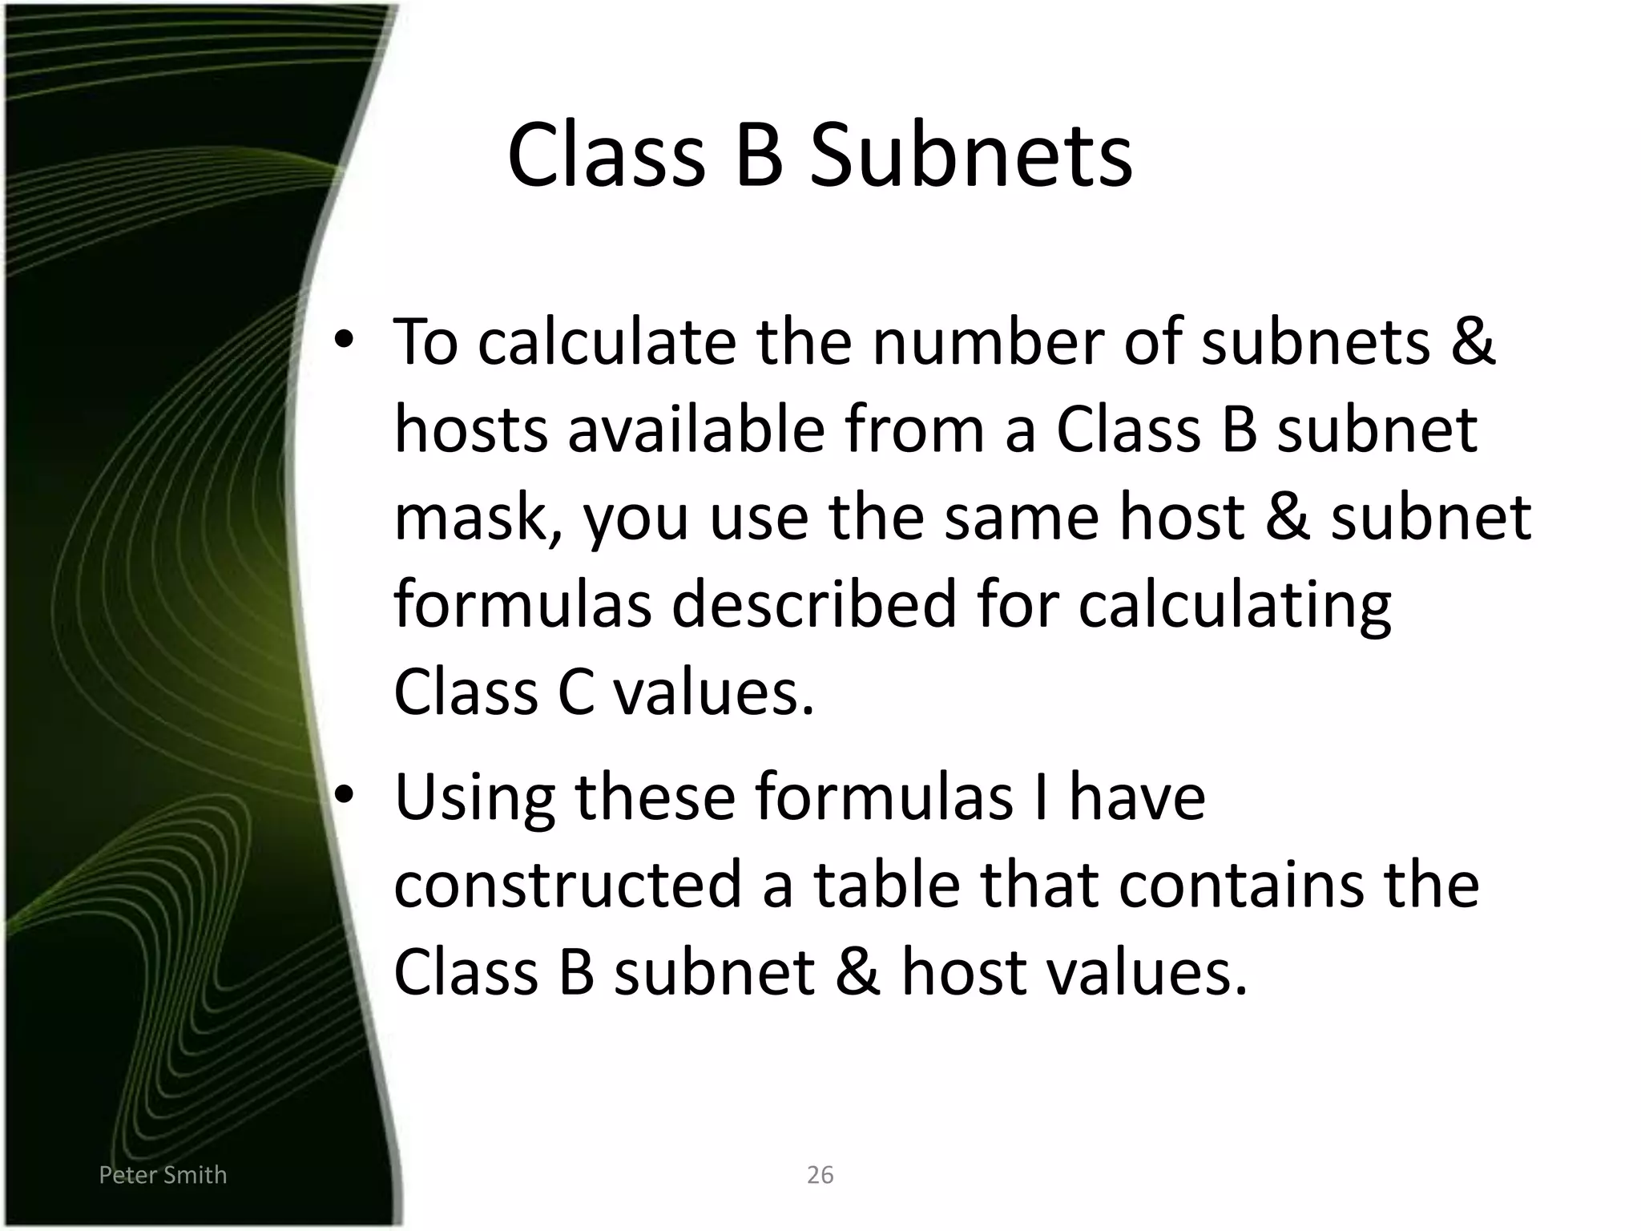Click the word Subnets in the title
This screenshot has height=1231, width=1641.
click(x=970, y=155)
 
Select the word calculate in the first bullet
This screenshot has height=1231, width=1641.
click(x=607, y=342)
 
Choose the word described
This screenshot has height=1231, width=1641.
click(x=814, y=604)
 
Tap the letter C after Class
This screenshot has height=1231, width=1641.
click(x=575, y=692)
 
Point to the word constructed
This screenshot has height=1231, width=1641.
click(x=568, y=885)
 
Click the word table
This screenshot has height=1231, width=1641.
click(x=887, y=885)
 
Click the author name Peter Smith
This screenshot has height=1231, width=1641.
click(x=163, y=1175)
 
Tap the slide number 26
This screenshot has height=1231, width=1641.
click(x=820, y=1175)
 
